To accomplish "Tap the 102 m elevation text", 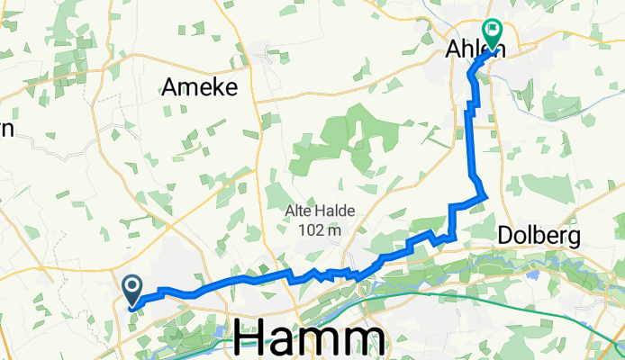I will pos(320,231).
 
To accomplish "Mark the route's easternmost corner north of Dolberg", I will pos(486,194).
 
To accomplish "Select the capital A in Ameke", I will pos(170,87).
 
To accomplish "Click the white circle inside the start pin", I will pos(131,286).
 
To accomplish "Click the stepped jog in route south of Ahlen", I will pos(468,108).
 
